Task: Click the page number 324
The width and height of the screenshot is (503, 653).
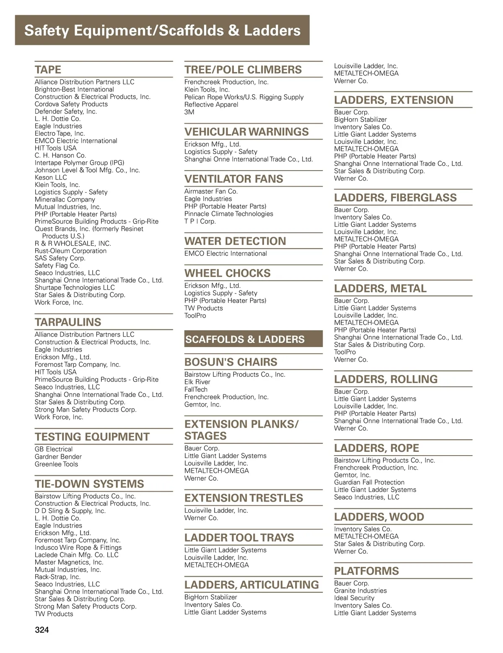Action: click(x=42, y=630)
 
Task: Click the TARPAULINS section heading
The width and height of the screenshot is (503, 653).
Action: click(x=68, y=322)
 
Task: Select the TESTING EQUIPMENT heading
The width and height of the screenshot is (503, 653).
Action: click(x=92, y=437)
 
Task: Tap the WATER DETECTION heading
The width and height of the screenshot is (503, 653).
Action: click(x=235, y=241)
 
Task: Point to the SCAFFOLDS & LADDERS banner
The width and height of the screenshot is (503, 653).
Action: click(x=245, y=339)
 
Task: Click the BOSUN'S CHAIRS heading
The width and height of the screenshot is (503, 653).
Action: click(x=231, y=362)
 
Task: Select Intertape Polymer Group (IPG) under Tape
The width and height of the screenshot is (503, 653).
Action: click(x=79, y=163)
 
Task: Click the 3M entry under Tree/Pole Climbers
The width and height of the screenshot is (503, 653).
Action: click(x=189, y=112)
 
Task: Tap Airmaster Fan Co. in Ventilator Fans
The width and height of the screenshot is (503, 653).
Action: click(x=211, y=191)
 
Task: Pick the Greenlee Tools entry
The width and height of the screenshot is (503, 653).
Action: click(x=56, y=464)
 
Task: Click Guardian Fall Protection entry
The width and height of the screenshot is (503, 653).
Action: click(x=369, y=482)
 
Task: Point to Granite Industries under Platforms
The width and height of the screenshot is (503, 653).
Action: click(x=360, y=591)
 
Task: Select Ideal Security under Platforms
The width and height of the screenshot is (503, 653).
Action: click(x=354, y=598)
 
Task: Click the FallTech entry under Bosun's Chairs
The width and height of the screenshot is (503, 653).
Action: click(x=196, y=389)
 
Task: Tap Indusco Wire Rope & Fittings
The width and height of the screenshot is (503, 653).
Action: click(x=78, y=547)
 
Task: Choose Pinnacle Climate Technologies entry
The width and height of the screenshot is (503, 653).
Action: click(x=228, y=214)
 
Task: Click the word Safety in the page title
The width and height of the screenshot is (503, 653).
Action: click(x=47, y=31)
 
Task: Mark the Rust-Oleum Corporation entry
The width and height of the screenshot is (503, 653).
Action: click(x=70, y=251)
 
